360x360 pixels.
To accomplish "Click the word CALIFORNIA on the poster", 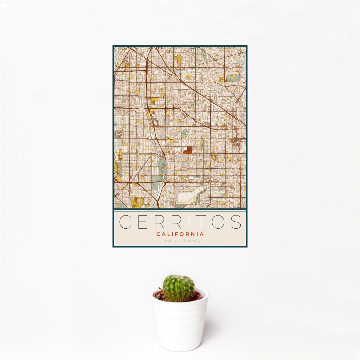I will pyautogui.click(x=180, y=234).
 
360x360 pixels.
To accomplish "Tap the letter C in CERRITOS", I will pyautogui.click(x=125, y=222).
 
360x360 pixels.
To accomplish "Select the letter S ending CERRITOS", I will pyautogui.click(x=236, y=222).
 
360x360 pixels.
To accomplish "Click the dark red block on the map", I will pyautogui.click(x=188, y=150).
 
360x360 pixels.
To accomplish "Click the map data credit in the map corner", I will pyautogui.click(x=240, y=207).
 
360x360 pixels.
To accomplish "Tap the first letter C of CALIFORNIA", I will pyautogui.click(x=158, y=234).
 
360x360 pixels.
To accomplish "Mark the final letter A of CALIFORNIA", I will pyautogui.click(x=202, y=234).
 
